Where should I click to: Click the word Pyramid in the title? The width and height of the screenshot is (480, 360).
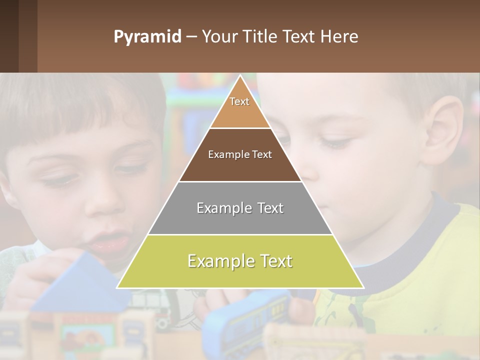147,37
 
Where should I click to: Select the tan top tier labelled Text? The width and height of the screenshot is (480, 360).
239,107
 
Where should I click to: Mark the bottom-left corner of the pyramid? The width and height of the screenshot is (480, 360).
118,287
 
